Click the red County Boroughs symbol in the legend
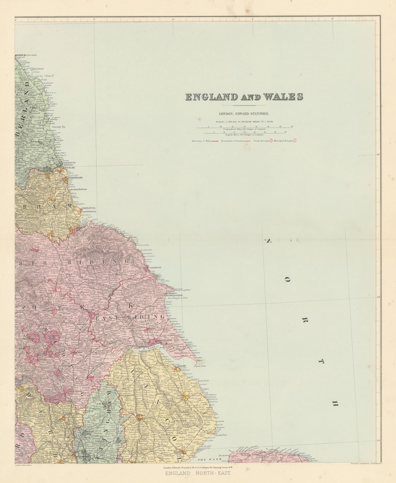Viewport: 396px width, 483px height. [271, 140]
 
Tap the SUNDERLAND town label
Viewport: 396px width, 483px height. [75, 178]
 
